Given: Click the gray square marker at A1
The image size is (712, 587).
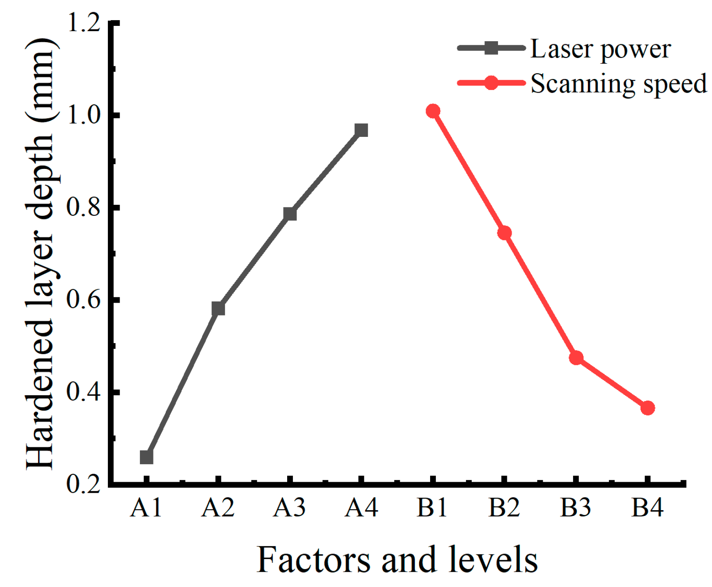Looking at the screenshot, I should coord(146,457).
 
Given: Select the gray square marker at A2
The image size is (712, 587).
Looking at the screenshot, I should coord(218,308).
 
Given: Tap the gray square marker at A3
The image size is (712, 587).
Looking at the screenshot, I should coord(290,214).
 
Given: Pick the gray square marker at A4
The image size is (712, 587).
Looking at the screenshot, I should coord(361,130).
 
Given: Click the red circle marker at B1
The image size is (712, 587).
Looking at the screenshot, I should coord(433,111).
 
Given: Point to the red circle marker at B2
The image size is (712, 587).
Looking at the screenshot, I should coord(505,233).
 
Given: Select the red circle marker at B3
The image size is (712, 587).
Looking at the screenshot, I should coord(576,358).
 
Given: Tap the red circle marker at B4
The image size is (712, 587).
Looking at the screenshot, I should coord(648,408).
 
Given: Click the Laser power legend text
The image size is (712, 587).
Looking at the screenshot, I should coord(601,49).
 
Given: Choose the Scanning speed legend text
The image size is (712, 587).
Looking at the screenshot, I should coord(618,83).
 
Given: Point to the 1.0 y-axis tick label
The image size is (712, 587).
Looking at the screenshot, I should coord(84,115).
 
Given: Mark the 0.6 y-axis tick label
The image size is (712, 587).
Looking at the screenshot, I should coord(84,300).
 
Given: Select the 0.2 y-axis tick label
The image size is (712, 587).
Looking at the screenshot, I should coord(84,484).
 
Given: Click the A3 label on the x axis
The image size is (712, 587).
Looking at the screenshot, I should coord(289,508).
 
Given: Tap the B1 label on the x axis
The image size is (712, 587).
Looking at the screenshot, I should coord(432,508).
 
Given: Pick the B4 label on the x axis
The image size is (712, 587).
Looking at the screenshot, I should coord(648,508).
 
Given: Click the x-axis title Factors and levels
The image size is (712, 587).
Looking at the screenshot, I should coord(397,559).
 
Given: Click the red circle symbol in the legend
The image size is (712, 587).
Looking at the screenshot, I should coord(491,82).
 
